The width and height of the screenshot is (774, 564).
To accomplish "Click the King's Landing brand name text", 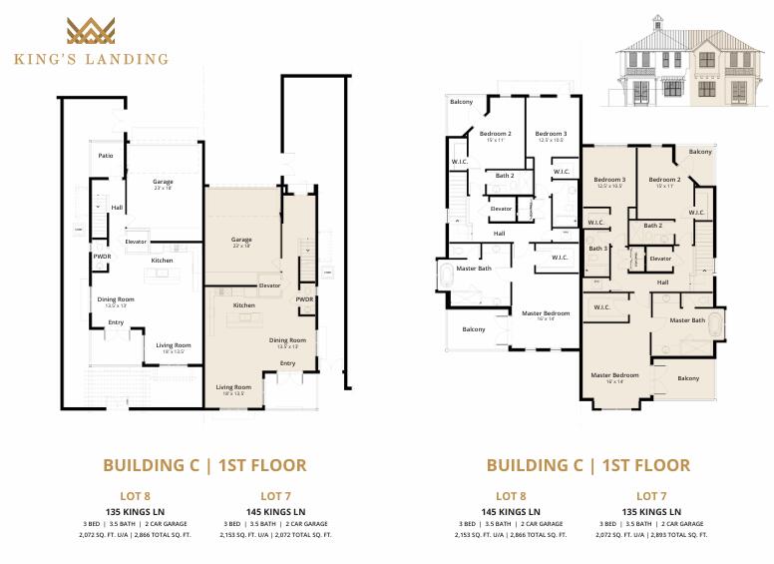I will [x=91, y=59].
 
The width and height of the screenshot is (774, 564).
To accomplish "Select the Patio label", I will [x=105, y=156].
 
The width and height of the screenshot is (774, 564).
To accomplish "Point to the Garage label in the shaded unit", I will [x=241, y=241].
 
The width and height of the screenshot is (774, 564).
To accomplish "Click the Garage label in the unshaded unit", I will [x=163, y=184].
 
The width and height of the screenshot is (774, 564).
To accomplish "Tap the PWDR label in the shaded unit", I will [x=304, y=298].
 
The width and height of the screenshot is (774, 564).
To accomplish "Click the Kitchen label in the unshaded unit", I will [x=163, y=261].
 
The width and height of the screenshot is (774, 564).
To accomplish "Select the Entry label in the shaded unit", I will [x=287, y=363].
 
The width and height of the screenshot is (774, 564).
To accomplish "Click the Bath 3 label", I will [x=598, y=249].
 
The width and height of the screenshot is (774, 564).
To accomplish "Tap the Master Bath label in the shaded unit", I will [x=687, y=320].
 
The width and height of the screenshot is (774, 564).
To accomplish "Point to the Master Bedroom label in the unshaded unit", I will [x=545, y=313].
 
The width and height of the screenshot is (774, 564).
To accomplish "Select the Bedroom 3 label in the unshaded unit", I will [x=551, y=134].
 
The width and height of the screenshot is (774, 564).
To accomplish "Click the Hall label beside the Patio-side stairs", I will [x=117, y=208].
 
